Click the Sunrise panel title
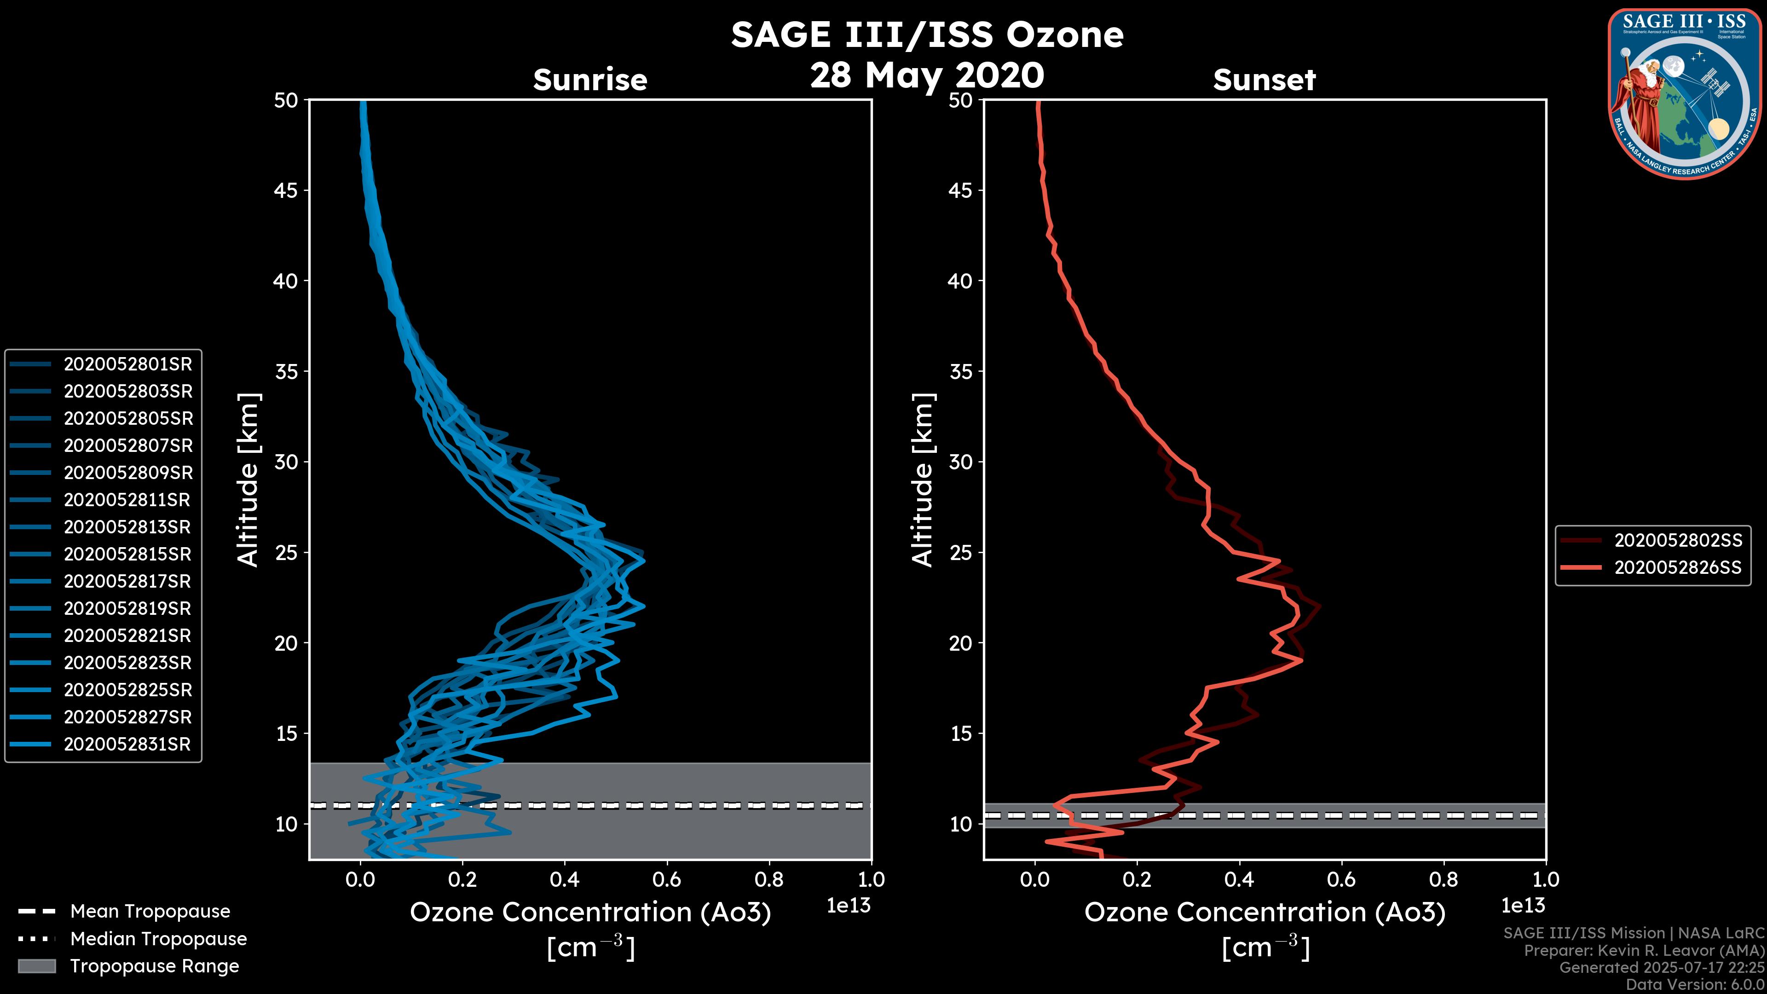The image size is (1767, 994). click(x=590, y=80)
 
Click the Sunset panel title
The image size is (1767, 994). click(x=1264, y=80)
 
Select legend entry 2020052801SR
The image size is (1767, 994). click(x=127, y=364)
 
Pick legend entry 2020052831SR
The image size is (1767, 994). click(x=127, y=744)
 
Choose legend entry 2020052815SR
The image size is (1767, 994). click(x=127, y=554)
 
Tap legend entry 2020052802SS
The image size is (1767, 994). click(x=1678, y=541)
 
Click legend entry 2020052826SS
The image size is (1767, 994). click(x=1678, y=568)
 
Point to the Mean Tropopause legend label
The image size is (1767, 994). click(x=150, y=912)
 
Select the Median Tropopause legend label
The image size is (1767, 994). click(x=158, y=939)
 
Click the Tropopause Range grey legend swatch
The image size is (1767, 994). click(x=36, y=966)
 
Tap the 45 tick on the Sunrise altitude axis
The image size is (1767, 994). click(x=286, y=191)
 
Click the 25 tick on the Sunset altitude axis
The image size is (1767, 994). click(x=960, y=553)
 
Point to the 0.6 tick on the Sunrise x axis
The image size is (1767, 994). click(x=667, y=879)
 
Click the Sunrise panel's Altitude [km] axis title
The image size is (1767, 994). click(x=248, y=480)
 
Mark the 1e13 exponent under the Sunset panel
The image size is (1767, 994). click(x=1523, y=906)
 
